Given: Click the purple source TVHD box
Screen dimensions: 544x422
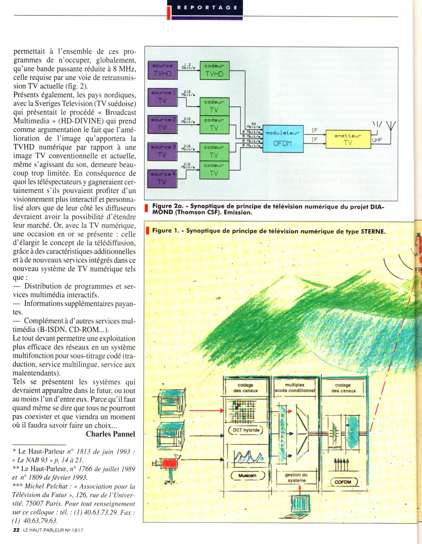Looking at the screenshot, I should [x=162, y=70].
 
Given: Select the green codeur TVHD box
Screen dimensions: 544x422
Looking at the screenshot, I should [x=214, y=70].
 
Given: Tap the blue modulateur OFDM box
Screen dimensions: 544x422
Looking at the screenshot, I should [x=283, y=138].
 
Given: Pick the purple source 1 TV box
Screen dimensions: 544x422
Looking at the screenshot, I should [x=162, y=97].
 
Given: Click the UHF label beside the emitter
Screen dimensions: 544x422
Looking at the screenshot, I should [x=377, y=140].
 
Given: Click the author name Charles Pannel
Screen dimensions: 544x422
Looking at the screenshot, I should [x=110, y=434].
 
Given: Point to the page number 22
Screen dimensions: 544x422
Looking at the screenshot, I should [x=16, y=530].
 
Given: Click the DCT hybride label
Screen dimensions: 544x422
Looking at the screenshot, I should [x=246, y=430].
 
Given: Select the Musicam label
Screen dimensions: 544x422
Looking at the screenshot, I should [x=247, y=475].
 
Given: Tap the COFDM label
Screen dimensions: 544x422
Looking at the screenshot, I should [x=343, y=482].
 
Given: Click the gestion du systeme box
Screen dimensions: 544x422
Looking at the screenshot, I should [x=296, y=478].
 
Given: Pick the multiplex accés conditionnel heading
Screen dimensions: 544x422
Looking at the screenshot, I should [x=295, y=388].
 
